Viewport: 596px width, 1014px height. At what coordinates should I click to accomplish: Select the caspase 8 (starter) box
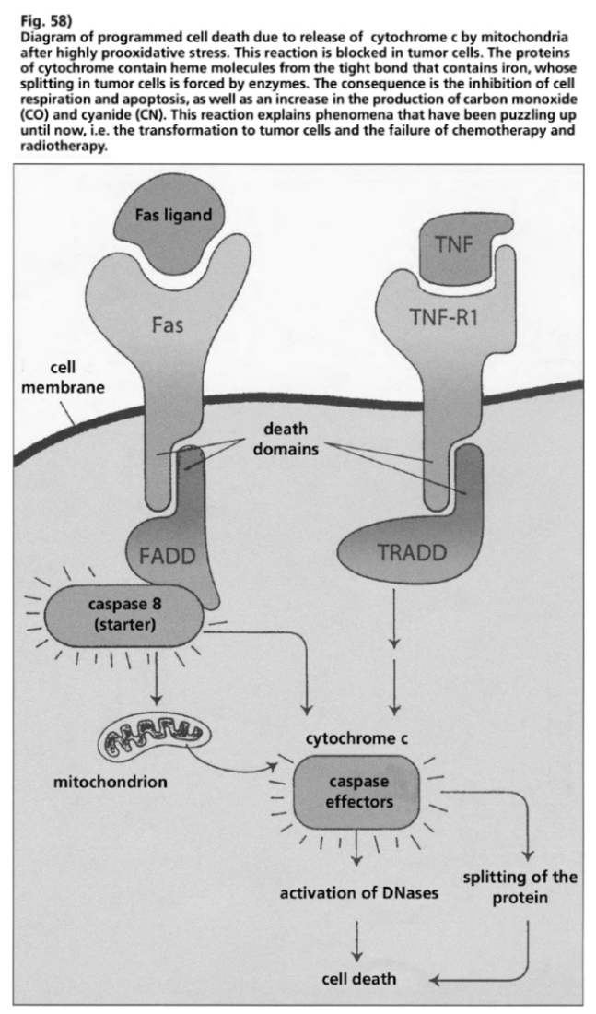click(x=128, y=614)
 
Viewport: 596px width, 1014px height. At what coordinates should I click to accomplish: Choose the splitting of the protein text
click(x=520, y=886)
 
